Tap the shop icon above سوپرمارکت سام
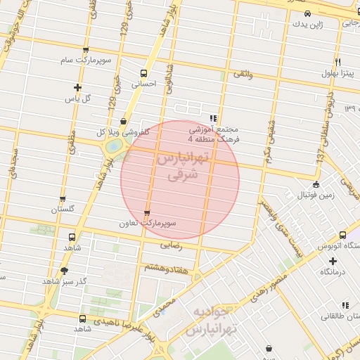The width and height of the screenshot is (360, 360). click(x=86, y=51)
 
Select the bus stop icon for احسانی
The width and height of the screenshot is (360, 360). click(x=144, y=73)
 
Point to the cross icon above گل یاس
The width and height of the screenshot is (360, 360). click(x=77, y=88)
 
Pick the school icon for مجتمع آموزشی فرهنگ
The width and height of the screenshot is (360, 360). click(x=213, y=118)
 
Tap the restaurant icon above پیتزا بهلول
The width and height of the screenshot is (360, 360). click(x=338, y=63)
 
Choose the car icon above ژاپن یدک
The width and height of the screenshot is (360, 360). click(x=307, y=13)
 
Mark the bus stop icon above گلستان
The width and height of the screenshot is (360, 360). click(x=63, y=200)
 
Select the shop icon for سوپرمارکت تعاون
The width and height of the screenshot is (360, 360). click(x=146, y=213)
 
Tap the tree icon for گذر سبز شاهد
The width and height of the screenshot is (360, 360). click(x=65, y=270)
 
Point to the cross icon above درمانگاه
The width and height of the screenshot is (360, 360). click(x=333, y=261)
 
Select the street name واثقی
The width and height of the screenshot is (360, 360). click(x=243, y=73)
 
